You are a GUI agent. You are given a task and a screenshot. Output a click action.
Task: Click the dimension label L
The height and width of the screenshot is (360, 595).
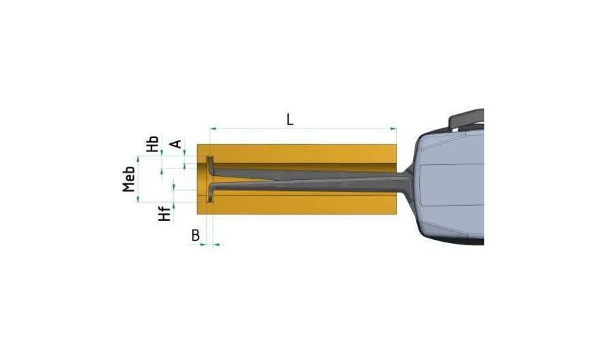coord(290,120)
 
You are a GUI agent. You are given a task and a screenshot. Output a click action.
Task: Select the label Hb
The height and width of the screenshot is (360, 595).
coord(153,143)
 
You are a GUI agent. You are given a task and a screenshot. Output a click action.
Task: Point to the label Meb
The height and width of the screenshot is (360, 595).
coord(128,179)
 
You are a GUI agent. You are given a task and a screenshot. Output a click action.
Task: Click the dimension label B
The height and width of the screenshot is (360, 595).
coord(196,236)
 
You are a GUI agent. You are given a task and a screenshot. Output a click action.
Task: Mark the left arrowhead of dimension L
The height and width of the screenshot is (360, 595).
coord(213,129)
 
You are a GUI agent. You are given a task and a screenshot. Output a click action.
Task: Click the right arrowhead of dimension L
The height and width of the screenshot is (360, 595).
coord(393,129)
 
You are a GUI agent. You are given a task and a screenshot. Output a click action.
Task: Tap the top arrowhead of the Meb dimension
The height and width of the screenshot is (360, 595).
coord(138,160)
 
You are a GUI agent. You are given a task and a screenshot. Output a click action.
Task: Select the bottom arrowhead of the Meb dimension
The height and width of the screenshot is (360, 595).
coord(138,199)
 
